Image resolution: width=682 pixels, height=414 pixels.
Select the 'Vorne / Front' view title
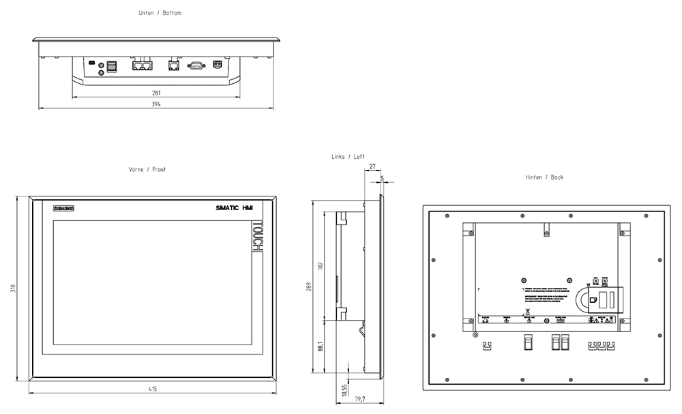click(147, 169)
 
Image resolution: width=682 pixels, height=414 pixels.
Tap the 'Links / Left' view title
click(349, 157)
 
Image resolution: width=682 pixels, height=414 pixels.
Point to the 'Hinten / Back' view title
click(544, 177)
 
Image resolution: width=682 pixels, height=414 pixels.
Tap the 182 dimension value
click(321, 265)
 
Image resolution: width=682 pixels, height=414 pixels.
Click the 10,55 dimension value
click(344, 389)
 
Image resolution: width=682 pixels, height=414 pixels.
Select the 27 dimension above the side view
click(372, 166)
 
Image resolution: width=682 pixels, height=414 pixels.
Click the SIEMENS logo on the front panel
click(63, 207)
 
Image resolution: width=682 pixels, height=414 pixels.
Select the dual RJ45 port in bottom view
click(143, 65)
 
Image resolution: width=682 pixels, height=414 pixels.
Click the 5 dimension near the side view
click(382, 178)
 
